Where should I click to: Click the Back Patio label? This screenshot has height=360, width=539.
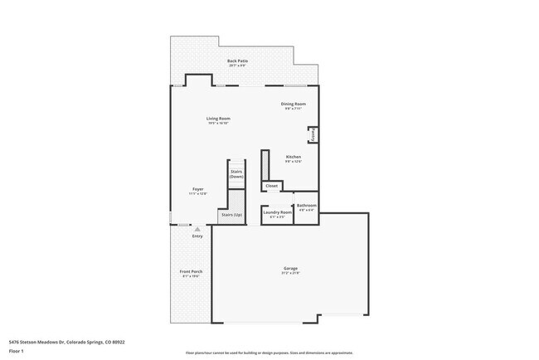click(238, 60)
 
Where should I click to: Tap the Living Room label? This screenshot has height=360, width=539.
click(218, 119)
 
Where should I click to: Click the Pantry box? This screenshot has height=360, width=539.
click(313, 134)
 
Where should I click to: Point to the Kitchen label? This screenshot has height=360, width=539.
click(294, 157)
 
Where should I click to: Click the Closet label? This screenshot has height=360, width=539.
click(272, 186)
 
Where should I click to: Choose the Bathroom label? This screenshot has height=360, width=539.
click(306, 205)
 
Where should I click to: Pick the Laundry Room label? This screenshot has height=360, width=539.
click(277, 212)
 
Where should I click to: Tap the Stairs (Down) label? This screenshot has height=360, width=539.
click(236, 174)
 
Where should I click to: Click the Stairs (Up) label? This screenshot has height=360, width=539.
click(231, 216)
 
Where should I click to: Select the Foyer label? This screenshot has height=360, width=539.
click(198, 189)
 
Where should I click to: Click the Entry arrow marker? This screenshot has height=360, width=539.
click(197, 229)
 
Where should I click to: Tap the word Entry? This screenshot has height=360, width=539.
click(197, 236)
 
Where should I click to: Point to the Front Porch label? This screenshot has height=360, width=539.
click(192, 272)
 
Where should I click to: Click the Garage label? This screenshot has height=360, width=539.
click(290, 268)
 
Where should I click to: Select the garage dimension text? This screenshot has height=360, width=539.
click(290, 273)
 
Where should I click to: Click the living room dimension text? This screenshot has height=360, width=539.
click(218, 124)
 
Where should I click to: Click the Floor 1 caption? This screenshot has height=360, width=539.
click(17, 351)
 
